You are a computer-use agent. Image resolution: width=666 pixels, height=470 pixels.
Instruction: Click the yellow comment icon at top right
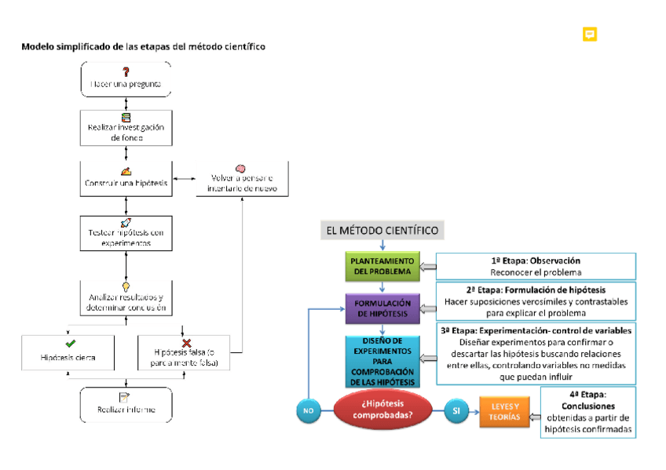(590, 35)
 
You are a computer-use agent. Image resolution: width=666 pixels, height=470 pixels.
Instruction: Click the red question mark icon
(126, 71)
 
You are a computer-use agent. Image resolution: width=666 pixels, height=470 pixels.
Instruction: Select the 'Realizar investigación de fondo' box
(126, 128)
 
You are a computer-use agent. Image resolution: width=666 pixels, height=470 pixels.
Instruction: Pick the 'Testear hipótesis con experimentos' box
(126, 233)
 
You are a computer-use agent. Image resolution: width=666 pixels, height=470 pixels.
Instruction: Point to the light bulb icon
(126, 287)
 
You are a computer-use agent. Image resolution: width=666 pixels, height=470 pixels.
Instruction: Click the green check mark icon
(70, 343)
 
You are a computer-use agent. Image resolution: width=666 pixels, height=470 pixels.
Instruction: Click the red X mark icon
(187, 343)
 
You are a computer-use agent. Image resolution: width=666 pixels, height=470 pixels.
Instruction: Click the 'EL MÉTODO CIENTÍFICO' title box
(382, 230)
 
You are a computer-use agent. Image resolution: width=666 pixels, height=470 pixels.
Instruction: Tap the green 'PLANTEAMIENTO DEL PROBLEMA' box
(382, 267)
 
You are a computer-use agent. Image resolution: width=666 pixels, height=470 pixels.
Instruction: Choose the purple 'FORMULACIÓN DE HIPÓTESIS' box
(382, 308)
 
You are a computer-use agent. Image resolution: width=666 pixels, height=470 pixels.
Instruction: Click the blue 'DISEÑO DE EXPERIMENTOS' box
(382, 361)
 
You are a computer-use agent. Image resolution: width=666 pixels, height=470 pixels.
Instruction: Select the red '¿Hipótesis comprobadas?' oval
(382, 410)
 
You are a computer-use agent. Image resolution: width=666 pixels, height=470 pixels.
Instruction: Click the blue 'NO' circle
(309, 410)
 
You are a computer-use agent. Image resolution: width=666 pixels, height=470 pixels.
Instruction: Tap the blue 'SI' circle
(456, 410)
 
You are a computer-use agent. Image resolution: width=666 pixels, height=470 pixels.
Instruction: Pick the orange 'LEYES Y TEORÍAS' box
(505, 411)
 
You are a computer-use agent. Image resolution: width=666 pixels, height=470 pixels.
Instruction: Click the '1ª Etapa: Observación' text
(535, 261)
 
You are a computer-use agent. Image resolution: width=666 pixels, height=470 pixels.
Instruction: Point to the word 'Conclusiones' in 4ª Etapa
(588, 407)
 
